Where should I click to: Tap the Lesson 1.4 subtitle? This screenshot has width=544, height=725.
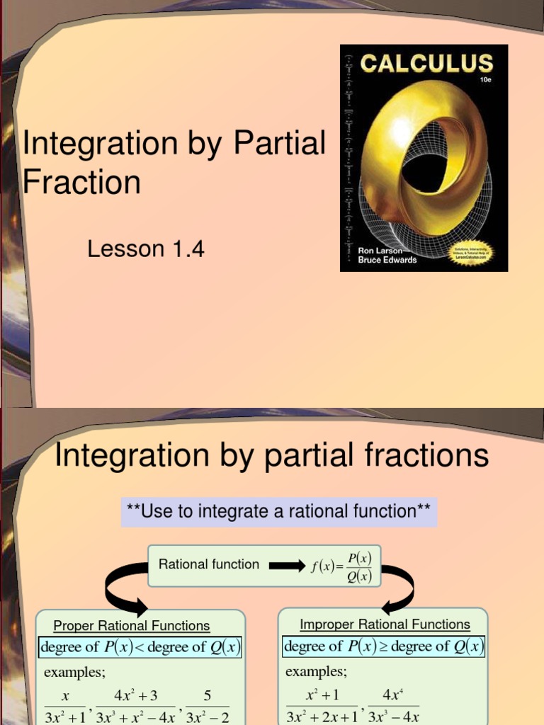(145, 249)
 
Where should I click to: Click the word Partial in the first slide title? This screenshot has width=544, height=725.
(280, 143)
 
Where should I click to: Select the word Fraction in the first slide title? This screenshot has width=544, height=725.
(81, 182)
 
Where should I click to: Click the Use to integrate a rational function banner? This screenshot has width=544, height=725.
(278, 511)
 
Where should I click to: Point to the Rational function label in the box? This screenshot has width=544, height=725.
(209, 564)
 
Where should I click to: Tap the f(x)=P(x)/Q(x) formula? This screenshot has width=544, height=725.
(341, 566)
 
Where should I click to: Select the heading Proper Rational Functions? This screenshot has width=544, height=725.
(132, 626)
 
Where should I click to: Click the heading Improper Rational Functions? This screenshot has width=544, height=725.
(385, 624)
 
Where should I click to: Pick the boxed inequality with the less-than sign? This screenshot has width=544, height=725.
(141, 646)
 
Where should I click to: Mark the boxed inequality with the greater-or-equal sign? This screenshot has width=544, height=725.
(384, 646)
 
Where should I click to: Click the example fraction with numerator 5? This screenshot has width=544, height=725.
(208, 706)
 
